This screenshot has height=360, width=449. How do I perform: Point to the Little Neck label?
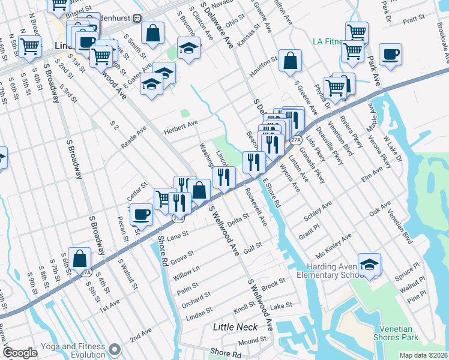click(x=235, y=327)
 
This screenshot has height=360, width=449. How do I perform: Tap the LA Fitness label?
click(x=328, y=42)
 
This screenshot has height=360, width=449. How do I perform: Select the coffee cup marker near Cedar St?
click(x=141, y=214)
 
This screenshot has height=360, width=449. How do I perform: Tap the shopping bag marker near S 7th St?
click(x=80, y=259)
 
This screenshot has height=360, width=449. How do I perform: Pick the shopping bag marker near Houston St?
click(x=290, y=61)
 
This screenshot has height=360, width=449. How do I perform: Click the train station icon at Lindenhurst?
click(x=137, y=18)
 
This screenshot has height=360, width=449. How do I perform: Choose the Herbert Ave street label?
click(x=181, y=124)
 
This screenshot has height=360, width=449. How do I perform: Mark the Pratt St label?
click(x=414, y=20)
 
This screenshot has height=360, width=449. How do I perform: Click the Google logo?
click(x=20, y=353)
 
